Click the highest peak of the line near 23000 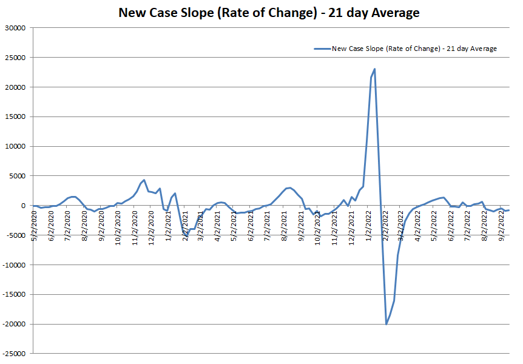(x=375, y=69)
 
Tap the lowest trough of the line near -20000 (x=386, y=324)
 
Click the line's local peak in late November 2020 (x=144, y=180)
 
